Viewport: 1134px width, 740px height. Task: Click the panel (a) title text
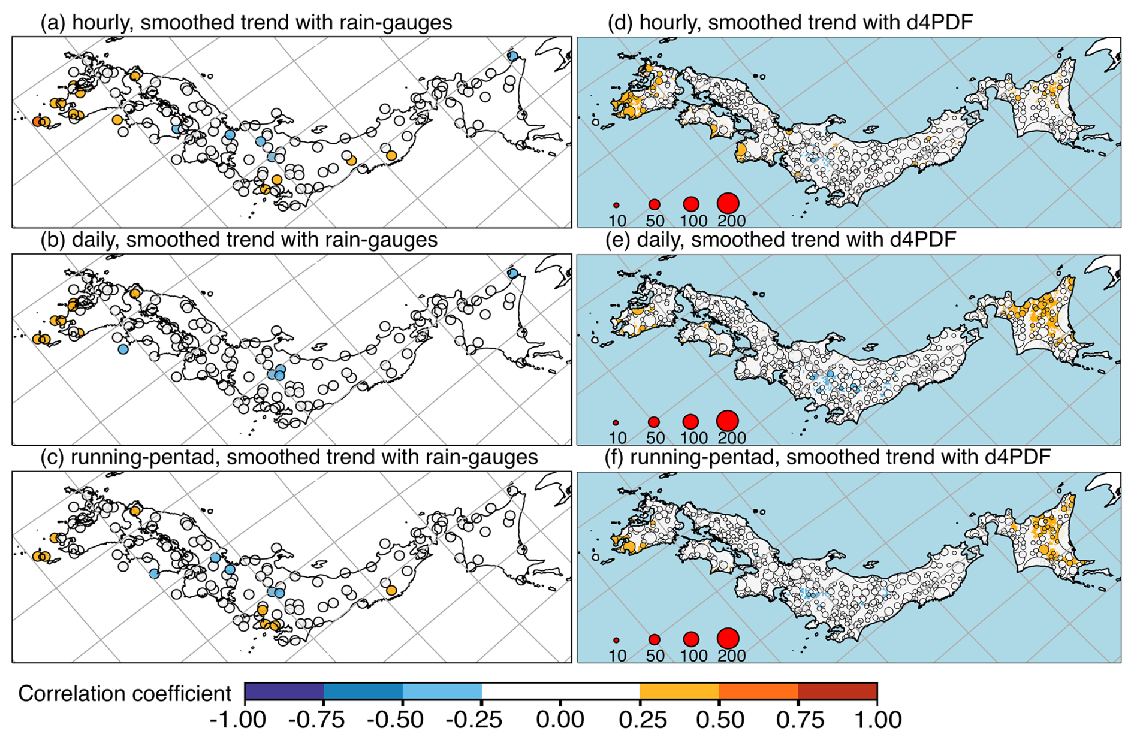tap(246, 23)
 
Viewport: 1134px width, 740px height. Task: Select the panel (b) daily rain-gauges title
tap(239, 240)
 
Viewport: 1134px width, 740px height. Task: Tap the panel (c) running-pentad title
tap(289, 458)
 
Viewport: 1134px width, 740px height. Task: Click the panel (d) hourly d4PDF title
tap(790, 23)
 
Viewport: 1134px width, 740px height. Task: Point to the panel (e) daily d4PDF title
tap(782, 240)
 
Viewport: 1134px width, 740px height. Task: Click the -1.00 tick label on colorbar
tap(238, 720)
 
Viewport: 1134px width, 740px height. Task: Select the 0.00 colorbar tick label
tap(560, 720)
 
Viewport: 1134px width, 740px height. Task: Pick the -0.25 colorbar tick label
tap(473, 720)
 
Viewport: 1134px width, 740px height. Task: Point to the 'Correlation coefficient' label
tap(125, 693)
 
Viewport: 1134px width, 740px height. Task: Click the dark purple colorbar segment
tap(284, 691)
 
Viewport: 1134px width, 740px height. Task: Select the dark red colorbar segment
tap(837, 691)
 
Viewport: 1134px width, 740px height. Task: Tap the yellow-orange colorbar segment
tap(679, 691)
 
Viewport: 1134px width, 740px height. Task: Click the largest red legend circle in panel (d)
tap(728, 203)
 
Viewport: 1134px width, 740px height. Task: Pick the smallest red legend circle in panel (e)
tap(616, 422)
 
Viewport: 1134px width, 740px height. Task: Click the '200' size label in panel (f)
tap(731, 656)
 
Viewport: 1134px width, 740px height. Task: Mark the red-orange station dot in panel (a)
tap(37, 122)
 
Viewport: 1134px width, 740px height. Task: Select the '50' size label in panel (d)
tap(655, 221)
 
